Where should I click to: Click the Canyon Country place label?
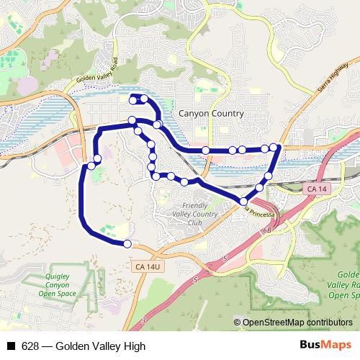pos(210,114)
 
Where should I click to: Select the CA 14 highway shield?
pos(311,188)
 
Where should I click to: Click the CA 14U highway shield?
pos(146,266)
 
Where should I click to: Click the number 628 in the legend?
pos(30,346)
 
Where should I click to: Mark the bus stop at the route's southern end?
pos(127,244)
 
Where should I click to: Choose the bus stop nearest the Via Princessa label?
pos(244,202)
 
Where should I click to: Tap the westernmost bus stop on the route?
pos(91,167)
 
